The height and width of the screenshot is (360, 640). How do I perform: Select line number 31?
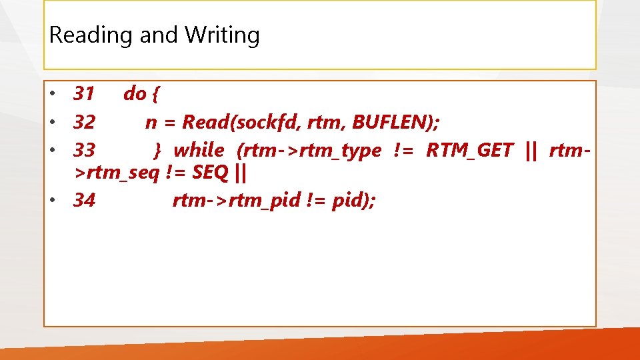tap(84, 94)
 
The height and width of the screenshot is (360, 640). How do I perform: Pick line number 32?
tap(84, 123)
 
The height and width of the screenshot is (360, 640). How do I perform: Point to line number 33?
tap(84, 151)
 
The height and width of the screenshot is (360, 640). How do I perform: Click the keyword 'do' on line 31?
tap(135, 94)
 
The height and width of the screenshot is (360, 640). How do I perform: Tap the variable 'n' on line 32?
tap(151, 123)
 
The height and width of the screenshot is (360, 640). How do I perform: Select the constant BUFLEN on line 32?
tap(394, 123)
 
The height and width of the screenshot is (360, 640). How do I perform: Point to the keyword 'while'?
tap(199, 151)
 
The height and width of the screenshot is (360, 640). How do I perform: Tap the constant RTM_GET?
tap(469, 151)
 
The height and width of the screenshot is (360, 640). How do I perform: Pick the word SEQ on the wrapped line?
tap(210, 173)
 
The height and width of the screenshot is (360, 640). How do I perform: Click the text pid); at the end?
tap(353, 200)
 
